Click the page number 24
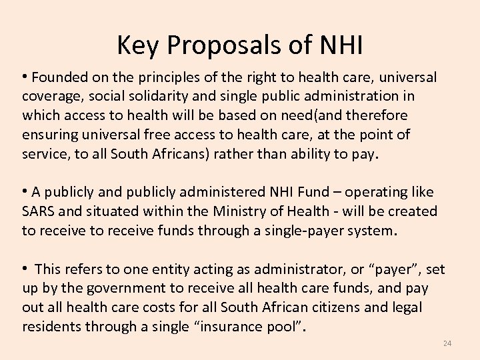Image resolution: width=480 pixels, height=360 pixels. click(x=447, y=343)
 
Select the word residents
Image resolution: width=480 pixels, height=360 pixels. click(x=51, y=327)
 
